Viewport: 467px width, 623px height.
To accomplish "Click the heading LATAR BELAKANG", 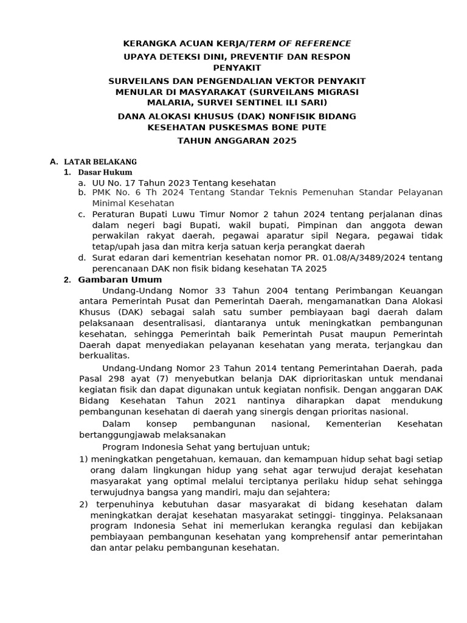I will (100, 162).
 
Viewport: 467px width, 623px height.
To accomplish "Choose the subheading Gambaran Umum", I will (120, 279).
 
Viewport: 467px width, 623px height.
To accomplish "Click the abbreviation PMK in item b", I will (102, 192).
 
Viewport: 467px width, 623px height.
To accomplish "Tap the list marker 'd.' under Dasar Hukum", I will (81, 258).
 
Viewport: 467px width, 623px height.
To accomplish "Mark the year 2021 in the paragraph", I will (226, 402).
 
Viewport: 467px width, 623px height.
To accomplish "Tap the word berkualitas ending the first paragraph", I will (104, 356).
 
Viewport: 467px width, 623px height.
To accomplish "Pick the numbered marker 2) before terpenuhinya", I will (84, 504).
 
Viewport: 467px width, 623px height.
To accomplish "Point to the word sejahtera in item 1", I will (310, 492).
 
